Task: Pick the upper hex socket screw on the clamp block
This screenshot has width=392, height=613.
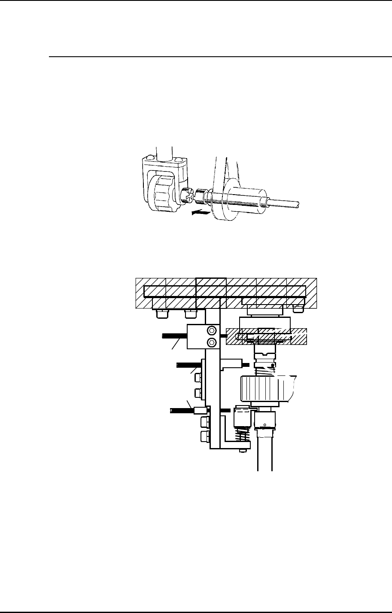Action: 211,330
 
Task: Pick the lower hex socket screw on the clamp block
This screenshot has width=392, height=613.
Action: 211,343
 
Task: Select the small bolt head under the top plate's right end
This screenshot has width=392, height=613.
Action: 298,308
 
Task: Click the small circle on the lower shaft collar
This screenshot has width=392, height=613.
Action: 265,426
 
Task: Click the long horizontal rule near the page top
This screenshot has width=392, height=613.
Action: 215,56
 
